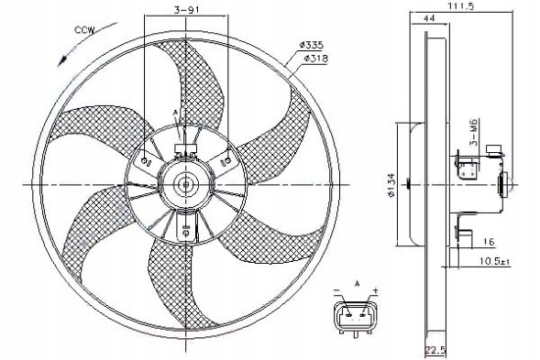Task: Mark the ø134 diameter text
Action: tap(391, 184)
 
